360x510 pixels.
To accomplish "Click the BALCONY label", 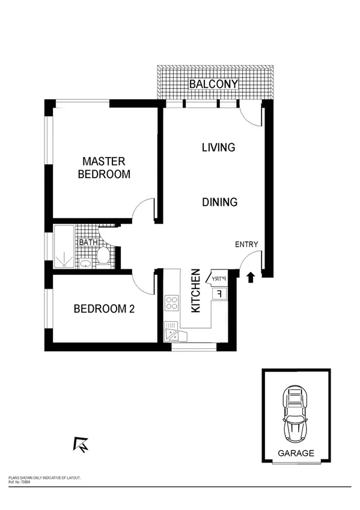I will (x=214, y=84).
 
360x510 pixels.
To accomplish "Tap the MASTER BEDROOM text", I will (x=103, y=168).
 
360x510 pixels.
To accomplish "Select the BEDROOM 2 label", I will (x=103, y=309).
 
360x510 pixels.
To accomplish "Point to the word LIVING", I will (x=218, y=147).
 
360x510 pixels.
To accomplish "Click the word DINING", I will (x=219, y=203).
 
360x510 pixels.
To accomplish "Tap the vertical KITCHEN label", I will (x=196, y=291).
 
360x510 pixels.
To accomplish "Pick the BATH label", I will (x=87, y=243).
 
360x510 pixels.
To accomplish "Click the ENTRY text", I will (x=246, y=244).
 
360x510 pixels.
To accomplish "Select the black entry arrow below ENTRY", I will (x=251, y=277).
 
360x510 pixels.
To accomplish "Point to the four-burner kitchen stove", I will (x=172, y=303).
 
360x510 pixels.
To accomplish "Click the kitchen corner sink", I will (x=172, y=331).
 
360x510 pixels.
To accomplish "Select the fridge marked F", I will (x=219, y=293).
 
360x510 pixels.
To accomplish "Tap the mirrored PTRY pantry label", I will (x=218, y=278).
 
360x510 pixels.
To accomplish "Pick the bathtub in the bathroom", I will (x=63, y=246).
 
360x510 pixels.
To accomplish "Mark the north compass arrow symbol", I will (x=80, y=444).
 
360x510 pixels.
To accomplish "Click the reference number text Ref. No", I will (x=21, y=482).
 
